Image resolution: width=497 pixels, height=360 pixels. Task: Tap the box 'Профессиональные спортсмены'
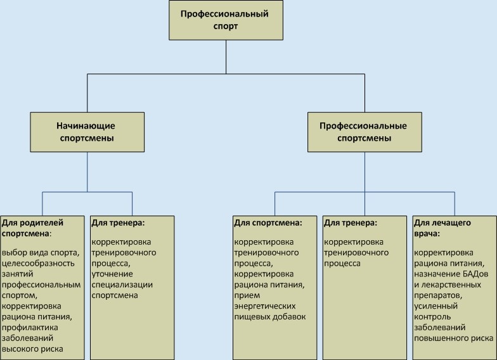[365, 132]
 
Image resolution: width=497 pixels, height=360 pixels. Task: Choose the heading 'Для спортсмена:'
[267, 223]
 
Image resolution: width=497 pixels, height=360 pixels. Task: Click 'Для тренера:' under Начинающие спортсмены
[118, 223]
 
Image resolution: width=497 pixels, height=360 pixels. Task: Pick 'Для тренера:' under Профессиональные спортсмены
[351, 223]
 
